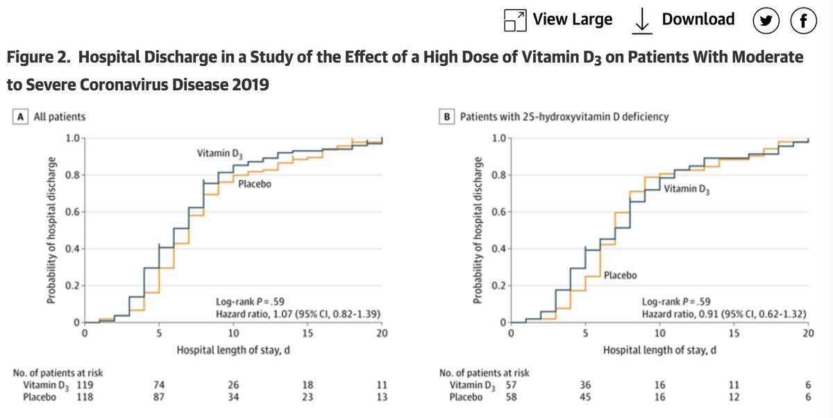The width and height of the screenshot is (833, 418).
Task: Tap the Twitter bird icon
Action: [x=767, y=22]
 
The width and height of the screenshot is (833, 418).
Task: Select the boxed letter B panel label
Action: [x=448, y=117]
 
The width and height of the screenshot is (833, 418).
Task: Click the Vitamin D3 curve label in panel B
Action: [x=687, y=189]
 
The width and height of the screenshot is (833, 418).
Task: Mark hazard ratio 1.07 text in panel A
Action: [x=298, y=315]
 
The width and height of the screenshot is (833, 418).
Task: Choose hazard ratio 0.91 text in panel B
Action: [x=725, y=315]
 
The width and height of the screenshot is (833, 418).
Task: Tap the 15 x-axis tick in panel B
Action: [x=734, y=333]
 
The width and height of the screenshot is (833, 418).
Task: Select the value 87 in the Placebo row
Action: [x=159, y=397]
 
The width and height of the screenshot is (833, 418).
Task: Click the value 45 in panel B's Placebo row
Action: [x=585, y=397]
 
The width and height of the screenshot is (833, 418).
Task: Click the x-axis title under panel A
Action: [x=233, y=350]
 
